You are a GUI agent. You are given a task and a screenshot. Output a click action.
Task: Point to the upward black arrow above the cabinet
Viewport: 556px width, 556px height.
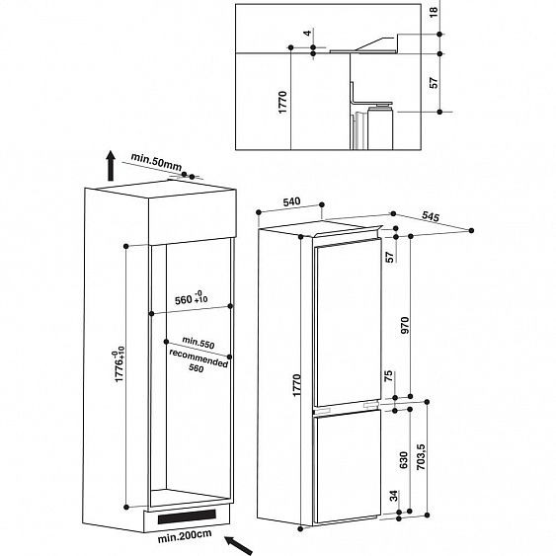(x=110, y=167)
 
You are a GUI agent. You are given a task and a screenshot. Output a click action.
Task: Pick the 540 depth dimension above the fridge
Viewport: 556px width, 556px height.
(x=291, y=201)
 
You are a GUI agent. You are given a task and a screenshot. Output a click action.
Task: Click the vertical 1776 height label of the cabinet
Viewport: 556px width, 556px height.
(x=116, y=364)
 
